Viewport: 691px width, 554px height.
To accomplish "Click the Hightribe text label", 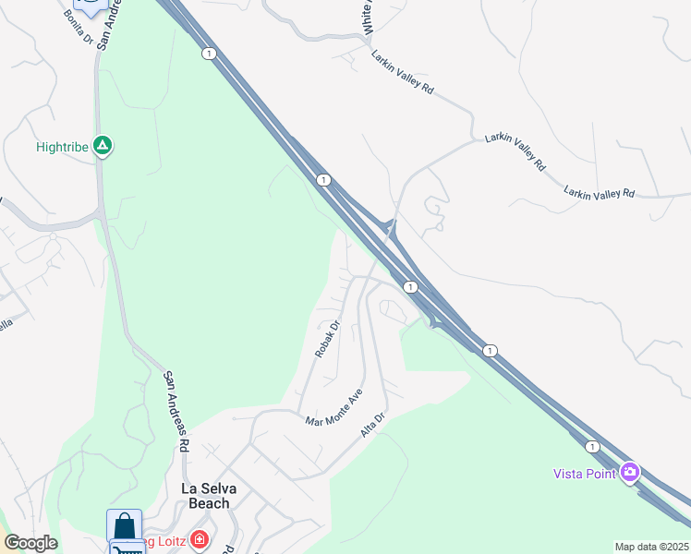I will pyautogui.click(x=61, y=147).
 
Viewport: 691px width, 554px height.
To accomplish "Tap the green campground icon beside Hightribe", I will pyautogui.click(x=103, y=146).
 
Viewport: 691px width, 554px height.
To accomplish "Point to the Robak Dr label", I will pyautogui.click(x=327, y=339).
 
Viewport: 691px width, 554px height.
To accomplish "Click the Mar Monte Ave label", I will pyautogui.click(x=334, y=407).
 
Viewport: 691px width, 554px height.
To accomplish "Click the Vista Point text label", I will pyautogui.click(x=585, y=474).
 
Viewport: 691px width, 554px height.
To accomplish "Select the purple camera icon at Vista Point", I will pyautogui.click(x=630, y=473).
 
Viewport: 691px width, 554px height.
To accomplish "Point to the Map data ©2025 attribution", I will pyautogui.click(x=651, y=547).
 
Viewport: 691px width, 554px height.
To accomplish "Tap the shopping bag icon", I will pyautogui.click(x=124, y=526).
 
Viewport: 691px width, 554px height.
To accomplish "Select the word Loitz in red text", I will pyautogui.click(x=171, y=541).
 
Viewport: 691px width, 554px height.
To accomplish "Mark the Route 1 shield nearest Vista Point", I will pyautogui.click(x=592, y=447).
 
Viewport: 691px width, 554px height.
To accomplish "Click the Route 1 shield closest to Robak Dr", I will pyautogui.click(x=410, y=287).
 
